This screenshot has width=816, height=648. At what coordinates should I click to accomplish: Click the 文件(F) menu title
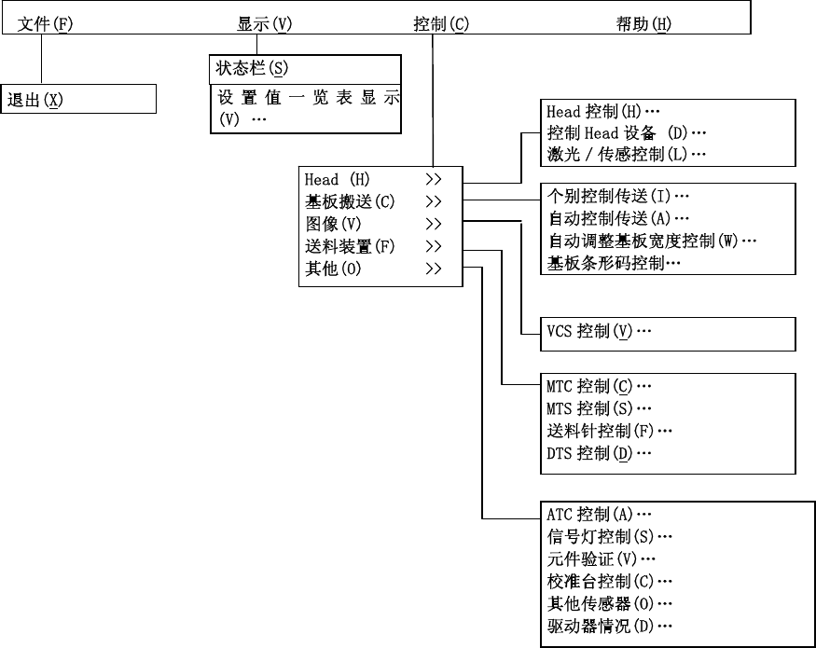(x=45, y=24)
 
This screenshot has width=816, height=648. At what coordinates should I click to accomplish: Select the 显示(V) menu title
(x=264, y=24)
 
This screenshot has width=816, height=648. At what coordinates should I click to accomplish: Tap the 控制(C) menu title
(x=440, y=24)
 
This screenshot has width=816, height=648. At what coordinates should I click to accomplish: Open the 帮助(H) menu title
(x=643, y=24)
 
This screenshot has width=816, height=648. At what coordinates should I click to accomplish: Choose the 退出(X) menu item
(x=35, y=100)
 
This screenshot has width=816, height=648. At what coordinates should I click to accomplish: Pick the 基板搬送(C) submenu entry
(x=350, y=201)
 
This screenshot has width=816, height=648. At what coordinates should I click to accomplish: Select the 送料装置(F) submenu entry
(x=350, y=246)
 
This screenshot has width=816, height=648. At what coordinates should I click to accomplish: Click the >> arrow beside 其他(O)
(x=433, y=269)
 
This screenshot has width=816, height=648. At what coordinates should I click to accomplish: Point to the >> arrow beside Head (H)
(x=433, y=179)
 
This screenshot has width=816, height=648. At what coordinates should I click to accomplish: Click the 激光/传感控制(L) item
(x=626, y=155)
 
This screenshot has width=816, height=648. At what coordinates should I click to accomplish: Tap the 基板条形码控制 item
(x=614, y=264)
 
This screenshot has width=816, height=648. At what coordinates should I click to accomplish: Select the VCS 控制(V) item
(x=598, y=332)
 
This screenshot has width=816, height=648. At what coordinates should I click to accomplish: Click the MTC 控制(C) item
(x=598, y=386)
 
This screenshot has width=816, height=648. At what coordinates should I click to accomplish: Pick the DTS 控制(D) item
(x=598, y=453)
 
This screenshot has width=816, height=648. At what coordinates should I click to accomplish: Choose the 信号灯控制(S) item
(x=610, y=536)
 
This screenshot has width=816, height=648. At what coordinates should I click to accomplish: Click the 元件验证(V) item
(x=602, y=558)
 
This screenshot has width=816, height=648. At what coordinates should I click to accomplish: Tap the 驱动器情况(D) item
(x=610, y=626)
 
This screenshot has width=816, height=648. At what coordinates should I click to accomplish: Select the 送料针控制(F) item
(x=610, y=431)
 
